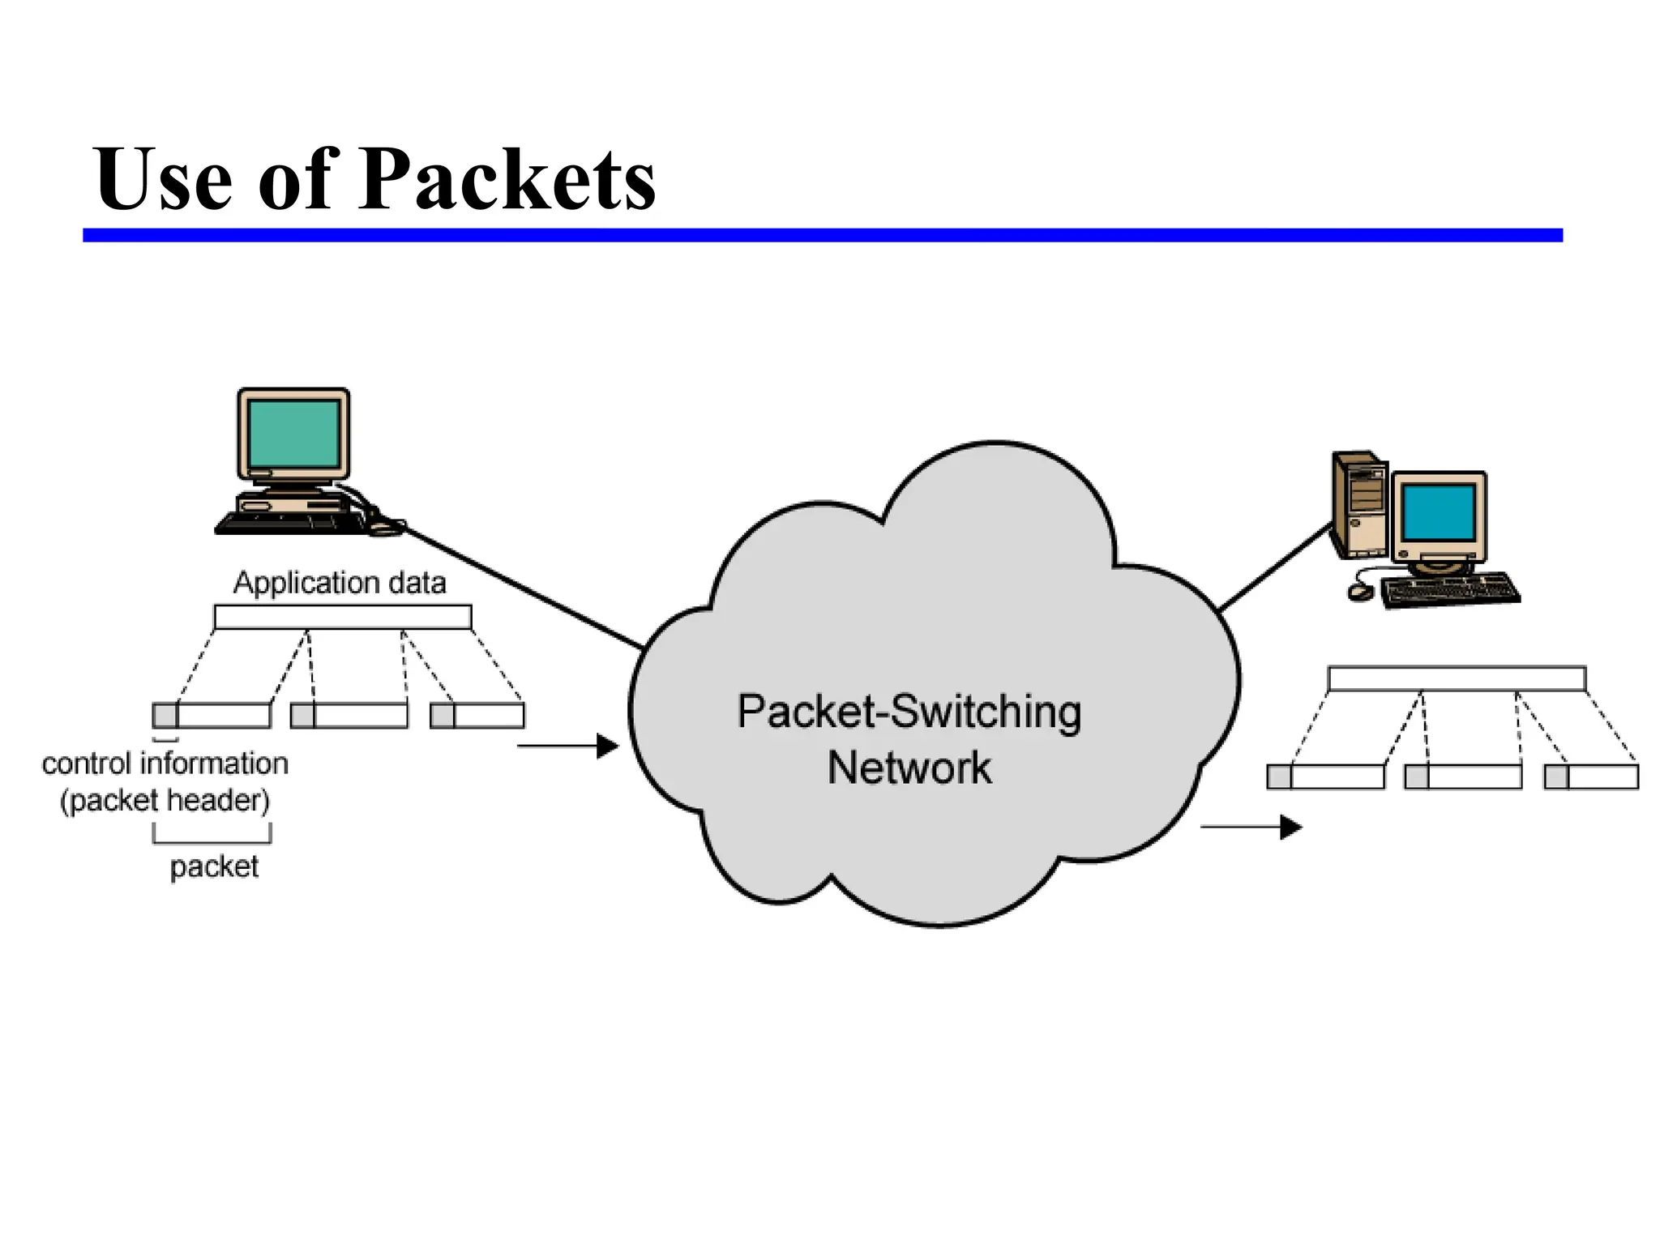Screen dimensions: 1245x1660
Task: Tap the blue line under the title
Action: [x=822, y=235]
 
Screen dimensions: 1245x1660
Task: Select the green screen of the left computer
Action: [x=293, y=433]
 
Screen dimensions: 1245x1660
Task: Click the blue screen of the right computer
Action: [x=1439, y=512]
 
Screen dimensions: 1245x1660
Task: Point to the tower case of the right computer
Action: [x=1360, y=504]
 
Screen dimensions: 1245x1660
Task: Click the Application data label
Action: [x=340, y=583]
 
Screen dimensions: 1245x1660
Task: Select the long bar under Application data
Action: [x=343, y=618]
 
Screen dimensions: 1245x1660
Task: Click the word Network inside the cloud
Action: [x=909, y=768]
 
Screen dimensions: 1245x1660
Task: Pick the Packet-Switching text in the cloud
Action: [x=909, y=712]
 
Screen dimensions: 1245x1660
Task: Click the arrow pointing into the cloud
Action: [x=568, y=746]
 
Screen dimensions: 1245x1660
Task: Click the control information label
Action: [x=165, y=764]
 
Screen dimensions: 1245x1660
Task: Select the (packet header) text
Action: [x=165, y=801]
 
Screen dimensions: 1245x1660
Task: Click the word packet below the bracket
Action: [x=214, y=866]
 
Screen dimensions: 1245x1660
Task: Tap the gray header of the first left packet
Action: [x=165, y=716]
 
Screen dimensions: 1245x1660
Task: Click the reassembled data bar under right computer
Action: [x=1456, y=678]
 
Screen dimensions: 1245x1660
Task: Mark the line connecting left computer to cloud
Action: [x=523, y=587]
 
